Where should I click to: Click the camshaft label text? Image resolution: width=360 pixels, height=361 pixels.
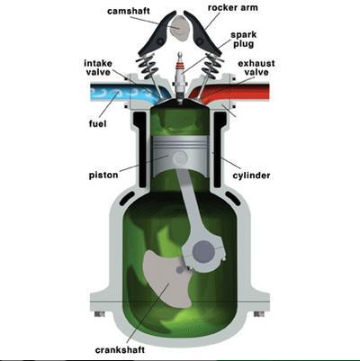129,12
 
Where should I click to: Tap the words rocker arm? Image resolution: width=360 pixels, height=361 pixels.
233,7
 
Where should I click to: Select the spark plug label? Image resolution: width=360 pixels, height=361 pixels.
244,40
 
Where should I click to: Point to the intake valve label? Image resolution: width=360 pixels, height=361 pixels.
98,68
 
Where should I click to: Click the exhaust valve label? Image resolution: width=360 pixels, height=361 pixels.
256,68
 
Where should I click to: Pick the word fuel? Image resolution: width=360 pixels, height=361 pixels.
98,123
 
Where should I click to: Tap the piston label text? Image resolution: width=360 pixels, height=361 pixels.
103,176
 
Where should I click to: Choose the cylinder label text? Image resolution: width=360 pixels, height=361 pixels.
251,176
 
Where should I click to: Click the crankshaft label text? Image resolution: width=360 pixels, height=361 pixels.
120,350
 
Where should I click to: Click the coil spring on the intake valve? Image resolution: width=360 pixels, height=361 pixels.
147,67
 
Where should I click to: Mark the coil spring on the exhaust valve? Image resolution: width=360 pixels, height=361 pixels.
212,67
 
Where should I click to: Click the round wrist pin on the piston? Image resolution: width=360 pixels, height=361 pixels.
181,157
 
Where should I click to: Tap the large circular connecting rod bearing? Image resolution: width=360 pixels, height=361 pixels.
203,251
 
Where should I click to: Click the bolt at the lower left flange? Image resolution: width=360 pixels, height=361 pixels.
100,314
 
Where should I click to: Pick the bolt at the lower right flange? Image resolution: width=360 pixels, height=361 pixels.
259,314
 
